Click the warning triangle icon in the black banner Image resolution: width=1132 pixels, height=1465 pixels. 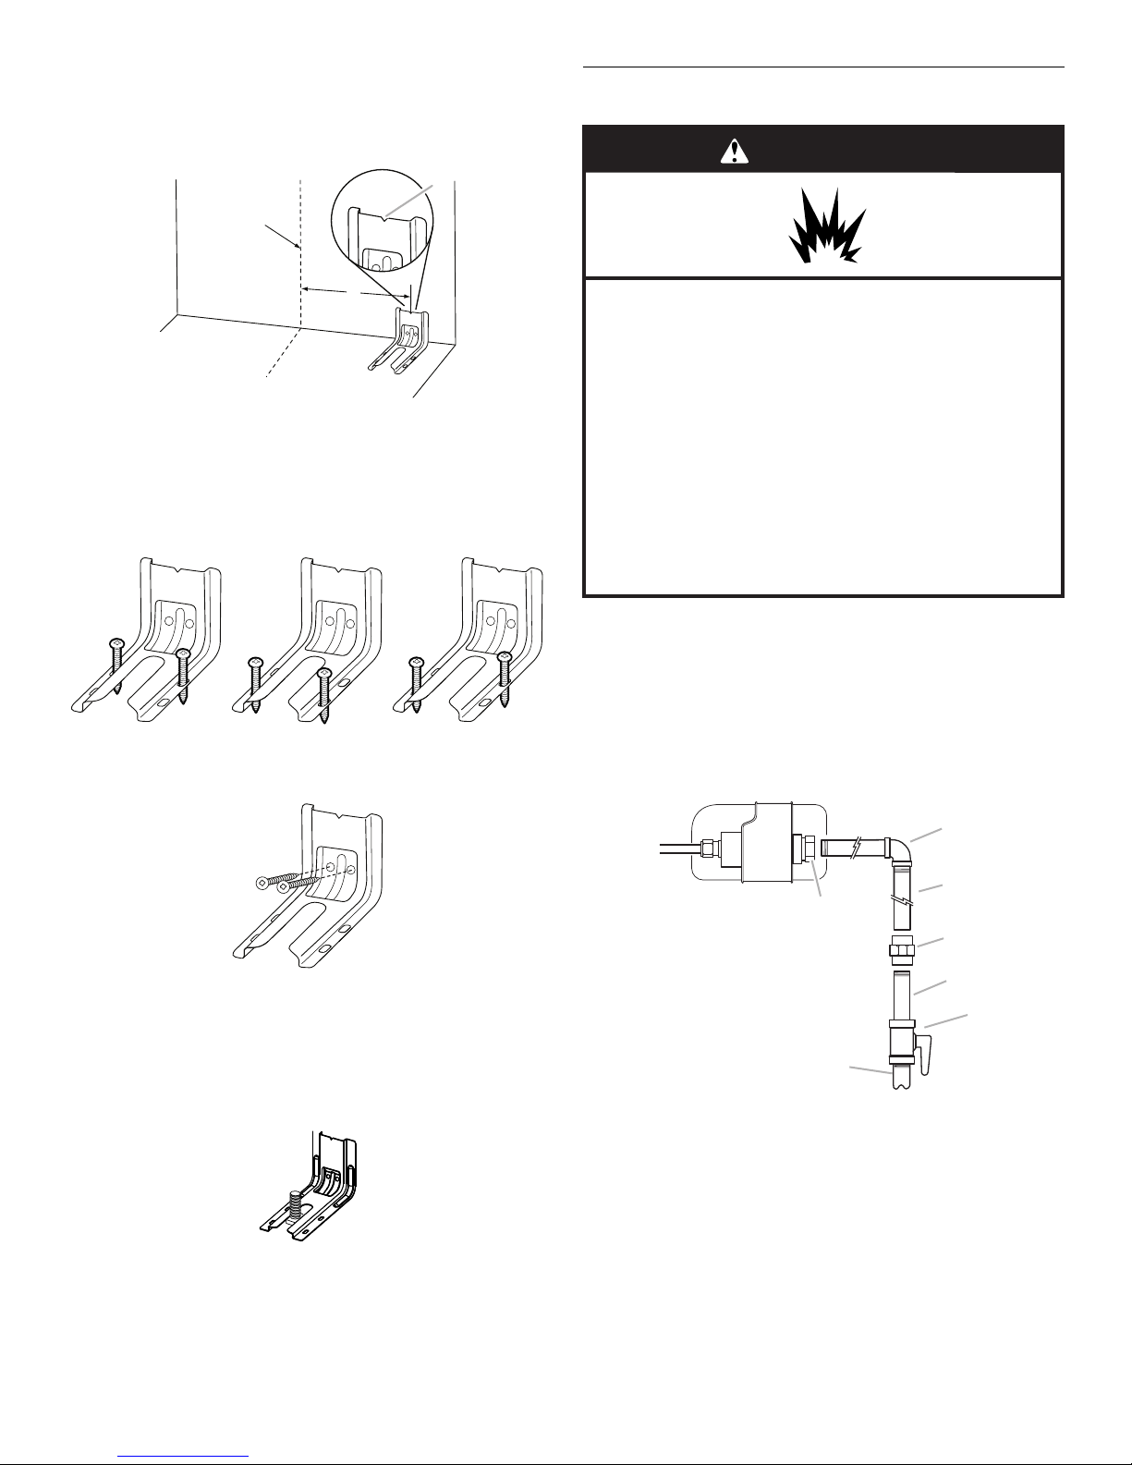pyautogui.click(x=734, y=151)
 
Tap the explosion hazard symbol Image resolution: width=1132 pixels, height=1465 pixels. pyautogui.click(x=827, y=227)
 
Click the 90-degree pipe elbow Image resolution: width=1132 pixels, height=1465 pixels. pyautogui.click(x=898, y=847)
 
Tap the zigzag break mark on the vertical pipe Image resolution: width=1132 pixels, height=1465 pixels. pyautogui.click(x=902, y=900)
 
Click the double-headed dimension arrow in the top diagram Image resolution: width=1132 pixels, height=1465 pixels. pyautogui.click(x=355, y=292)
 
